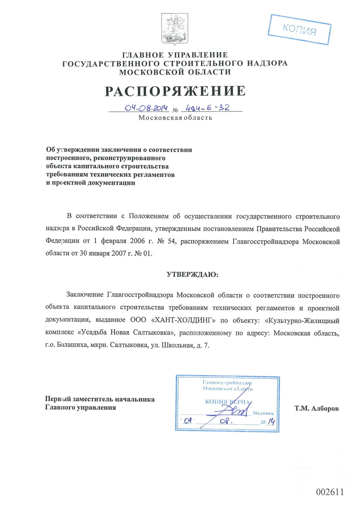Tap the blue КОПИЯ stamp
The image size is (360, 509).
(x=300, y=30)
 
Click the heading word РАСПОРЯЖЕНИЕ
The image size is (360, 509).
(x=175, y=91)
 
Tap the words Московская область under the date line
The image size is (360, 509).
(x=175, y=118)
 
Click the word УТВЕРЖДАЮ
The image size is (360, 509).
(x=192, y=274)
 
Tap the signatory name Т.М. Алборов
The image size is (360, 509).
(x=316, y=408)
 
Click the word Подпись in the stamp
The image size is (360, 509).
(x=263, y=413)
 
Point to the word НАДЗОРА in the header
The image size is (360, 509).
(x=269, y=63)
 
